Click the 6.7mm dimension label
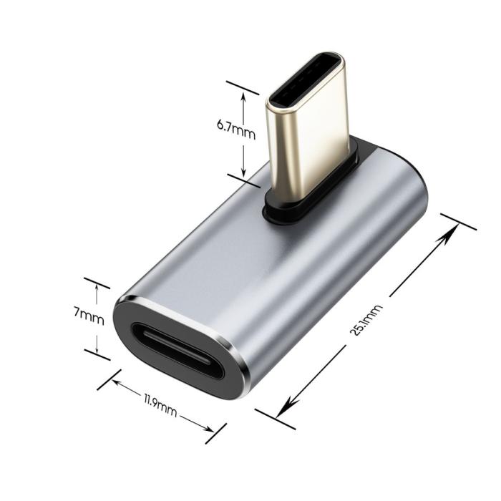[x=235, y=132]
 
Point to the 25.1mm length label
[x=366, y=320]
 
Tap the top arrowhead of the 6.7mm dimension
[x=243, y=97]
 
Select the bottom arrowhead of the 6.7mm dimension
[x=243, y=172]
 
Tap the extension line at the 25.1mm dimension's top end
[x=458, y=222]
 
